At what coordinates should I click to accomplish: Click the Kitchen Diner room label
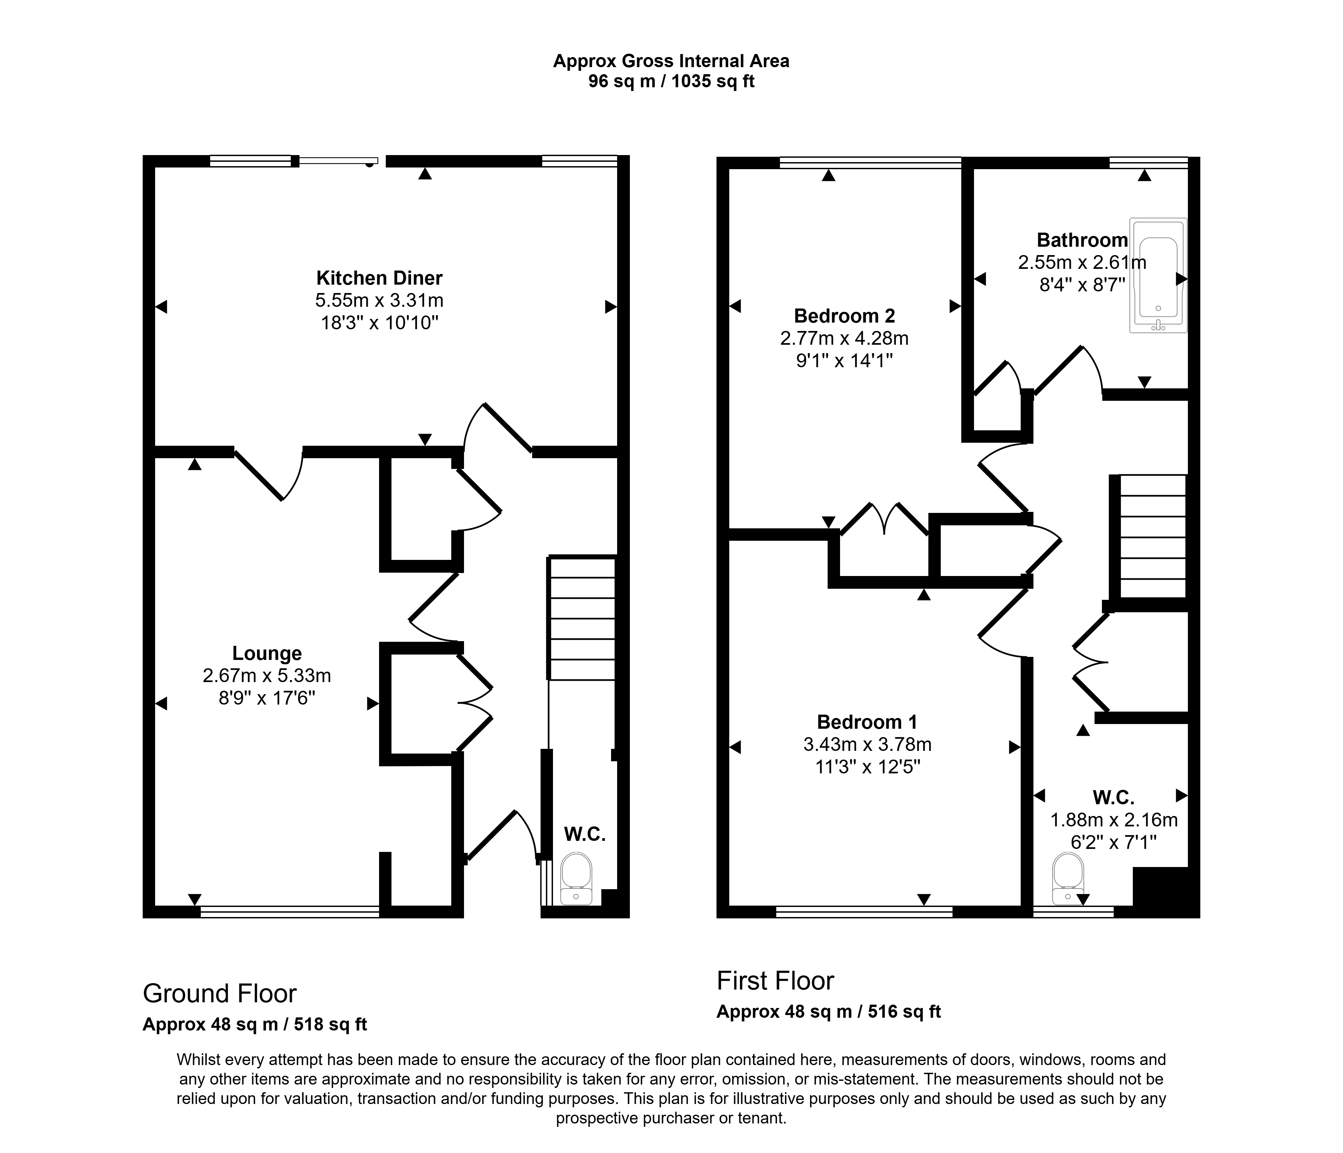[379, 278]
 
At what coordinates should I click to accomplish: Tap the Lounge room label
[267, 653]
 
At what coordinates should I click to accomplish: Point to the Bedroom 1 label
[867, 722]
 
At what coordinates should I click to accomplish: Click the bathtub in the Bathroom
[1158, 276]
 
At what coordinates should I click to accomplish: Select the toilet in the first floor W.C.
[1068, 879]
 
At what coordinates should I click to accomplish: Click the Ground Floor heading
[220, 994]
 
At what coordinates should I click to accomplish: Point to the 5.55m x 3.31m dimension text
[379, 301]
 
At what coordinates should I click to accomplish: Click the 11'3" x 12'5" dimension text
[867, 767]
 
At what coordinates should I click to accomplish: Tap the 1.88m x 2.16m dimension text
[1114, 820]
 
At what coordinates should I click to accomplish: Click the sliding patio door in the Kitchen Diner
[338, 161]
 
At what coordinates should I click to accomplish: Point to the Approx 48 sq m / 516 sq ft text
[828, 1012]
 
